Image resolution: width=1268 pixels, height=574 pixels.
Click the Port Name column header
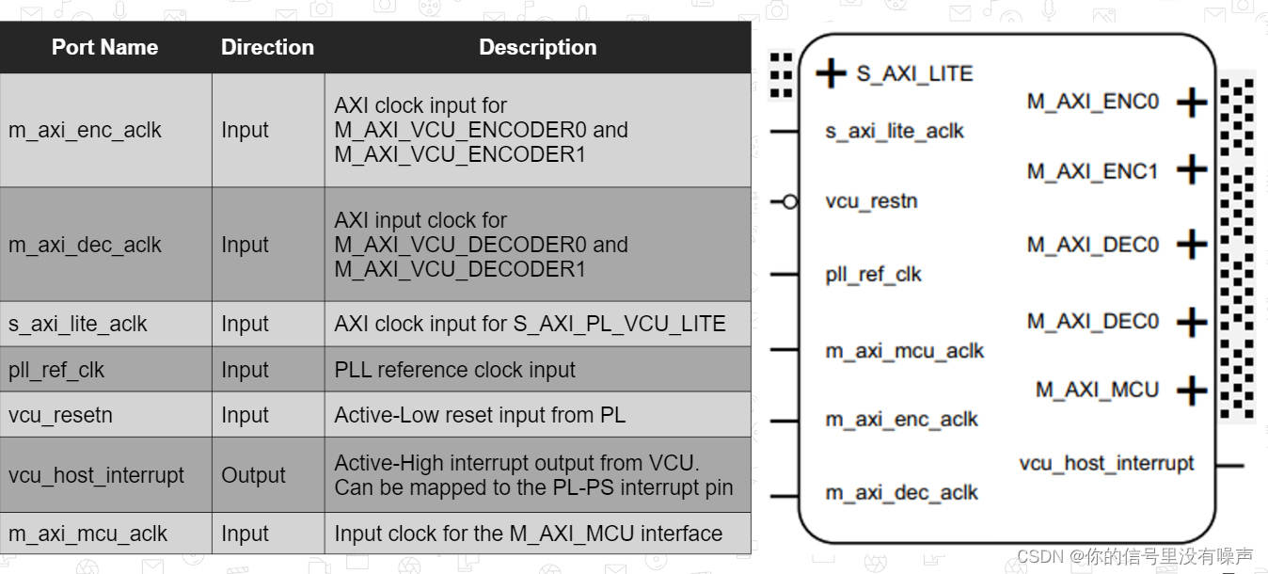104,47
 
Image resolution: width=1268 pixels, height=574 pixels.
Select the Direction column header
267,47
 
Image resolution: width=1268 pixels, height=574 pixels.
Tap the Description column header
537,47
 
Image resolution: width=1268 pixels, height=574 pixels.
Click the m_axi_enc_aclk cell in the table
85,130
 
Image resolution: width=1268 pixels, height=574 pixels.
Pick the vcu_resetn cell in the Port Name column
60,415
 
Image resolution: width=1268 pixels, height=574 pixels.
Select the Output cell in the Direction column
253,475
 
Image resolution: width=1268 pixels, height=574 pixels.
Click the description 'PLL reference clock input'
454,370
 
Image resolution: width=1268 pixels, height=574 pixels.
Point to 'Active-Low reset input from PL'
480,415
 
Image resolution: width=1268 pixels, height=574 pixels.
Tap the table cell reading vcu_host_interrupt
96,475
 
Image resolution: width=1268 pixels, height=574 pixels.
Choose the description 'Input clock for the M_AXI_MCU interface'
528,534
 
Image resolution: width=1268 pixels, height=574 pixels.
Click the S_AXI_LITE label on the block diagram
913,73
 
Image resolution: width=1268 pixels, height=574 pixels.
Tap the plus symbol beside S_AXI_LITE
831,73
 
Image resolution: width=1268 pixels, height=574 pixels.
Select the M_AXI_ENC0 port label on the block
1093,102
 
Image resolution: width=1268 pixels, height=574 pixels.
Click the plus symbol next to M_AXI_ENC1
1192,170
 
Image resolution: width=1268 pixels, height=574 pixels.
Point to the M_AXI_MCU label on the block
1097,390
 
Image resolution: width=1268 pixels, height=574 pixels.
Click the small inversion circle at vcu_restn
790,201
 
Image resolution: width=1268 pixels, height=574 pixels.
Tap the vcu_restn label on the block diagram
871,201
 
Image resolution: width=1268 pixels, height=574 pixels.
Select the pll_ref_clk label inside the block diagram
873,275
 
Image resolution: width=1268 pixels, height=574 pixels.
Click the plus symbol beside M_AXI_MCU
1192,391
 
